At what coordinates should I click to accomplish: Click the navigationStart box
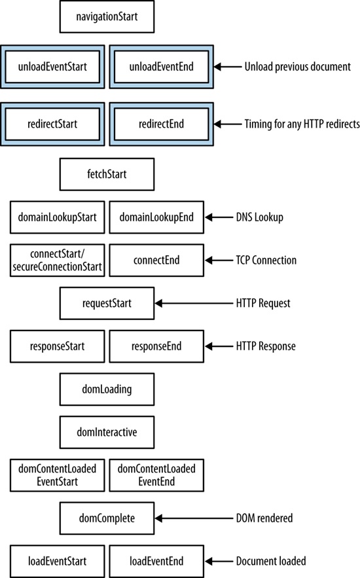107,17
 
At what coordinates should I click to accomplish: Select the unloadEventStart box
53,66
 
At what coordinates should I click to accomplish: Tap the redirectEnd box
160,124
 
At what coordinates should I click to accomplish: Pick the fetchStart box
107,174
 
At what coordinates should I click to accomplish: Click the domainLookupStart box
58,217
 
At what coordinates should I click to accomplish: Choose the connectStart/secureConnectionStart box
58,261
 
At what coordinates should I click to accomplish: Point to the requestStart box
107,303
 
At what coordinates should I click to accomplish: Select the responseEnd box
156,346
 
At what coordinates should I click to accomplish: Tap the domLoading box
107,389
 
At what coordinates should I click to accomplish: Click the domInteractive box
107,432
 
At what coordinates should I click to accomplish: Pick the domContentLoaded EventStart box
58,475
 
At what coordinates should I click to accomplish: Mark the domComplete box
107,518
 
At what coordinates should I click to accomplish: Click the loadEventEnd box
156,561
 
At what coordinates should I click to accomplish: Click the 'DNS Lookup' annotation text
259,217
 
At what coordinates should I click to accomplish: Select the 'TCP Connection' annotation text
266,261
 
